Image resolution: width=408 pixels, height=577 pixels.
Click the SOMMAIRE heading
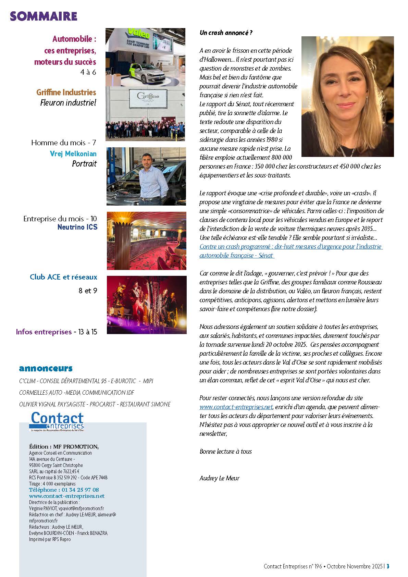click(44, 16)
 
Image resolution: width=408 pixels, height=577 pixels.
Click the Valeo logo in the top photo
click(138, 35)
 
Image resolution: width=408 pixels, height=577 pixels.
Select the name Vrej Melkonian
click(73, 154)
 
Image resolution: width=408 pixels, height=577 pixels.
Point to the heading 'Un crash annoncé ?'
click(226, 33)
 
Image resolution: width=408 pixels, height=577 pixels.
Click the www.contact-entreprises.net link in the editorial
click(236, 407)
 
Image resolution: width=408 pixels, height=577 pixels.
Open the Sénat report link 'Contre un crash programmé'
click(291, 247)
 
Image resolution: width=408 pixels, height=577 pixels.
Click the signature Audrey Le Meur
click(220, 478)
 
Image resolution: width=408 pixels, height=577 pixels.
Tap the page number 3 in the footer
click(388, 566)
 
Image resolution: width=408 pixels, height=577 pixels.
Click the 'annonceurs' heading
click(46, 368)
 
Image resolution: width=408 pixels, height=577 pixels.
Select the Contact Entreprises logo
click(57, 421)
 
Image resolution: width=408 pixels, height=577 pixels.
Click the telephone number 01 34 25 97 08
click(80, 490)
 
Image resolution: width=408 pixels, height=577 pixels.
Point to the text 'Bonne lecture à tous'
click(225, 451)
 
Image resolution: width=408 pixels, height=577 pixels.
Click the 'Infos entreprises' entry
click(44, 332)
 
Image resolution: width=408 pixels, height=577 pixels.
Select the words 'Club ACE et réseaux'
click(63, 277)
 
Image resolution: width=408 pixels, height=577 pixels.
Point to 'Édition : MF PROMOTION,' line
click(64, 446)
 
